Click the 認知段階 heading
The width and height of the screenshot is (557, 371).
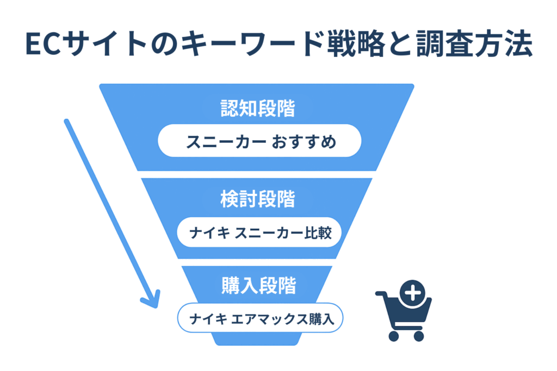(258, 109)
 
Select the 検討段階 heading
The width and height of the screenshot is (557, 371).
(258, 199)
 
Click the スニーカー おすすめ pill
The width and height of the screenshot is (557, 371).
(259, 142)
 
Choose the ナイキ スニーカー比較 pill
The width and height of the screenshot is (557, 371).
(259, 233)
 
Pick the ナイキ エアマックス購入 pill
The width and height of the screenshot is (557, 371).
(260, 318)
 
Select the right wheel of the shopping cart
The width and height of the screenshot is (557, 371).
(419, 336)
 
